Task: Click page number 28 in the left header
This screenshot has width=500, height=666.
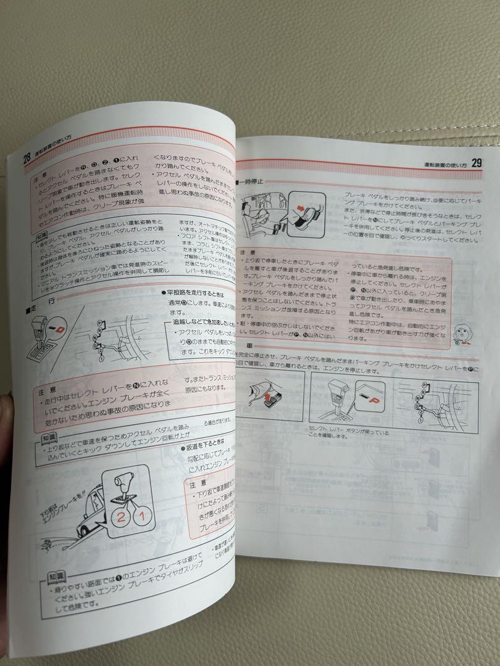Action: (x=27, y=157)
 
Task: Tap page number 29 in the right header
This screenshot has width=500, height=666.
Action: (x=476, y=163)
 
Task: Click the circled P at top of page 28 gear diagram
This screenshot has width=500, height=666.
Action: (x=101, y=324)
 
